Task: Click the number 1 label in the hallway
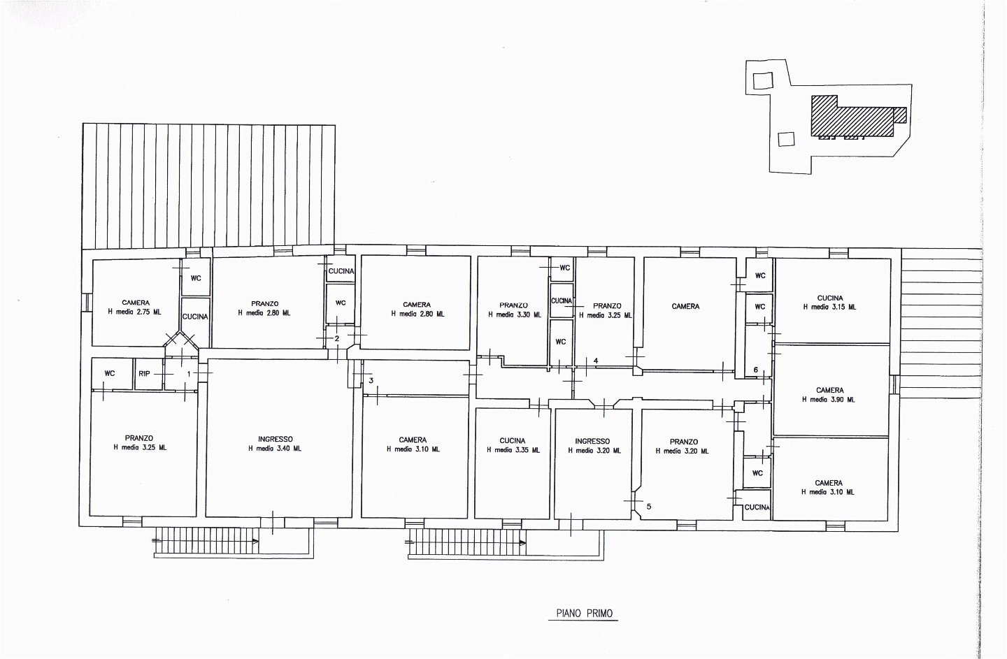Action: (x=189, y=374)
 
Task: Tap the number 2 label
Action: (x=337, y=339)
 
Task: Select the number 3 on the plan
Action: (x=371, y=380)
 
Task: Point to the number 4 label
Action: (x=596, y=361)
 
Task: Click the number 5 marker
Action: (x=649, y=506)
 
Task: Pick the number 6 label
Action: (x=756, y=370)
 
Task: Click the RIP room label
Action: (x=144, y=373)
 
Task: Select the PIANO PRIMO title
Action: (x=585, y=613)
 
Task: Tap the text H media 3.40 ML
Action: (x=275, y=449)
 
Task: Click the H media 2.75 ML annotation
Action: (x=134, y=312)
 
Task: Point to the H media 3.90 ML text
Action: (x=829, y=399)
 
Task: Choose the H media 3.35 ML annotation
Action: (x=513, y=450)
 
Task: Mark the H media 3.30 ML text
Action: (x=515, y=315)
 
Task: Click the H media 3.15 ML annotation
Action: (x=830, y=307)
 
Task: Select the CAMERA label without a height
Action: (x=685, y=306)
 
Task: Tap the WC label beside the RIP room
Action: (x=109, y=373)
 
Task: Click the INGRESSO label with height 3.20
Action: (x=592, y=441)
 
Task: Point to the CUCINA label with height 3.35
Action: (x=513, y=441)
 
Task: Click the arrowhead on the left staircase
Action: (x=255, y=542)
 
